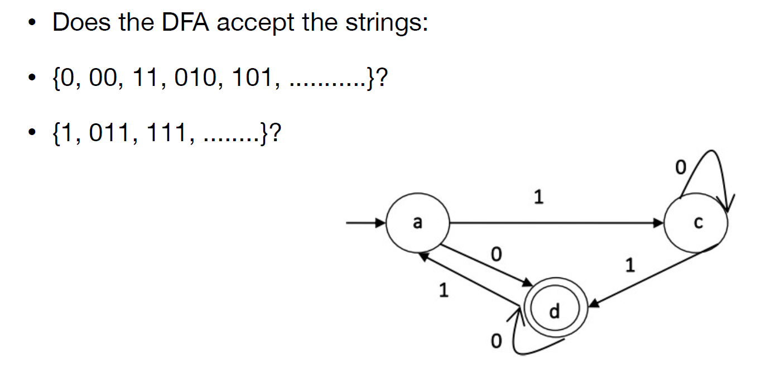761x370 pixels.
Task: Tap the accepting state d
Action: pyautogui.click(x=553, y=311)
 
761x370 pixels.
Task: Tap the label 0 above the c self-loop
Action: pyautogui.click(x=679, y=167)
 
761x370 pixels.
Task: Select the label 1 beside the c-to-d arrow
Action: pyautogui.click(x=630, y=266)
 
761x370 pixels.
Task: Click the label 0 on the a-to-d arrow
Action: pyautogui.click(x=495, y=255)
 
